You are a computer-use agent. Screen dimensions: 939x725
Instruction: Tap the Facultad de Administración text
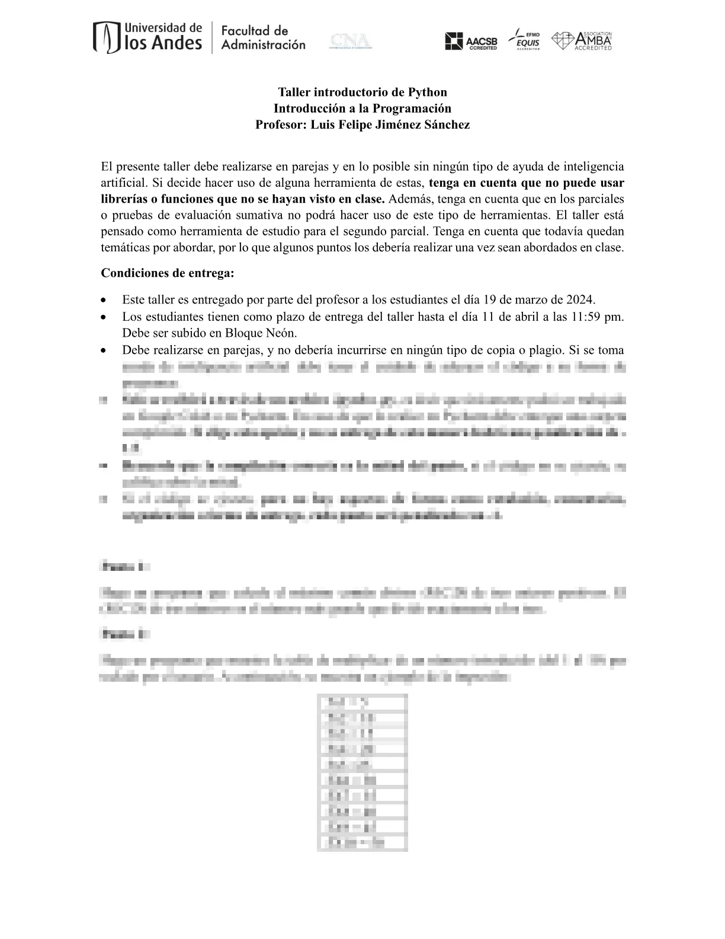pyautogui.click(x=263, y=37)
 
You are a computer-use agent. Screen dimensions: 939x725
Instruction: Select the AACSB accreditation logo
pyautogui.click(x=471, y=41)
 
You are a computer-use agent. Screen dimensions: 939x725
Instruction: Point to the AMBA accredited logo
pyautogui.click(x=582, y=41)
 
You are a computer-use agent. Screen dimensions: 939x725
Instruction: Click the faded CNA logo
pyautogui.click(x=351, y=41)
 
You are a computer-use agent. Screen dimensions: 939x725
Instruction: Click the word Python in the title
pyautogui.click(x=427, y=92)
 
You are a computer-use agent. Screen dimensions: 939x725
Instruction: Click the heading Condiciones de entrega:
pyautogui.click(x=168, y=273)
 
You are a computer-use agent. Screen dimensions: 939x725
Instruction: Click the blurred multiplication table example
pyautogui.click(x=362, y=772)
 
